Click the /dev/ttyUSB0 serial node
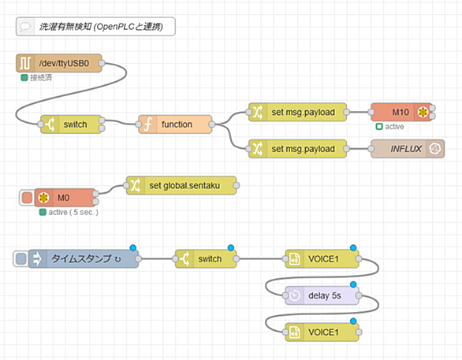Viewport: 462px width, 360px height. [59, 63]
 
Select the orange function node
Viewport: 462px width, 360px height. [175, 124]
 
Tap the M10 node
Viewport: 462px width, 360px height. [401, 112]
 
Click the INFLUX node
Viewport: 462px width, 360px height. [408, 149]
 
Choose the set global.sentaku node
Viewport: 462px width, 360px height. [181, 185]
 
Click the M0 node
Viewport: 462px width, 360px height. [65, 198]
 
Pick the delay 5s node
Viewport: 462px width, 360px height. [322, 295]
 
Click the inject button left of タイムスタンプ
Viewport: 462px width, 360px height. [20, 258]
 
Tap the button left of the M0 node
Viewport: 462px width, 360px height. [27, 198]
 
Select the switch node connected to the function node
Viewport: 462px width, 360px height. [71, 124]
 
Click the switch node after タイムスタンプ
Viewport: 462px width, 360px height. [206, 258]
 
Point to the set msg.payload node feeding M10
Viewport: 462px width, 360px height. [297, 112]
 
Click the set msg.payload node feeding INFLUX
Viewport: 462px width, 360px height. [297, 149]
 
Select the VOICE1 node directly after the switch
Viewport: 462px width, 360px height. [322, 258]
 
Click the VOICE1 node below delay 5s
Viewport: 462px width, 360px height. [322, 332]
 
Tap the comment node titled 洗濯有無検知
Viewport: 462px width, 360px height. [95, 27]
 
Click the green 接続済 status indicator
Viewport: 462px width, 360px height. [24, 78]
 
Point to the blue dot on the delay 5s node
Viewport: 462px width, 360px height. [353, 284]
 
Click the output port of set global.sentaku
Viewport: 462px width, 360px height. [237, 185]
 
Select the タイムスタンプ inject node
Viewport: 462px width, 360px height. [84, 258]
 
